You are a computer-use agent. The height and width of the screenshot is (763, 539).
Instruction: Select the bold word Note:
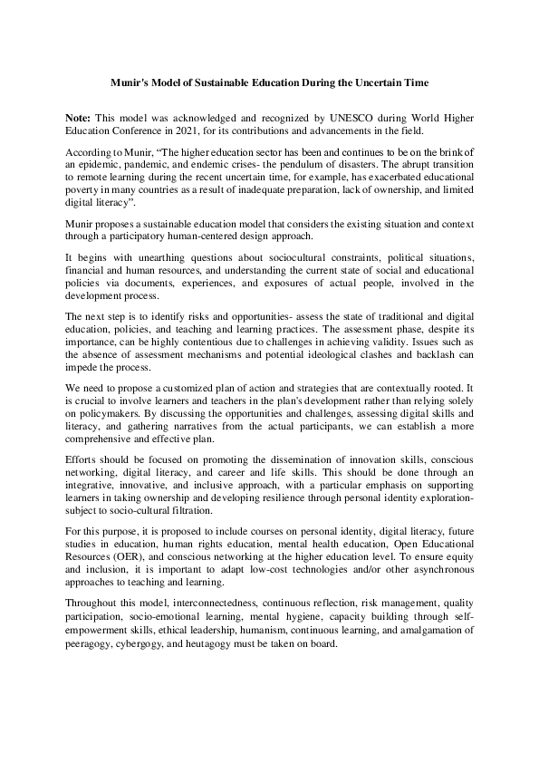(81, 119)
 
